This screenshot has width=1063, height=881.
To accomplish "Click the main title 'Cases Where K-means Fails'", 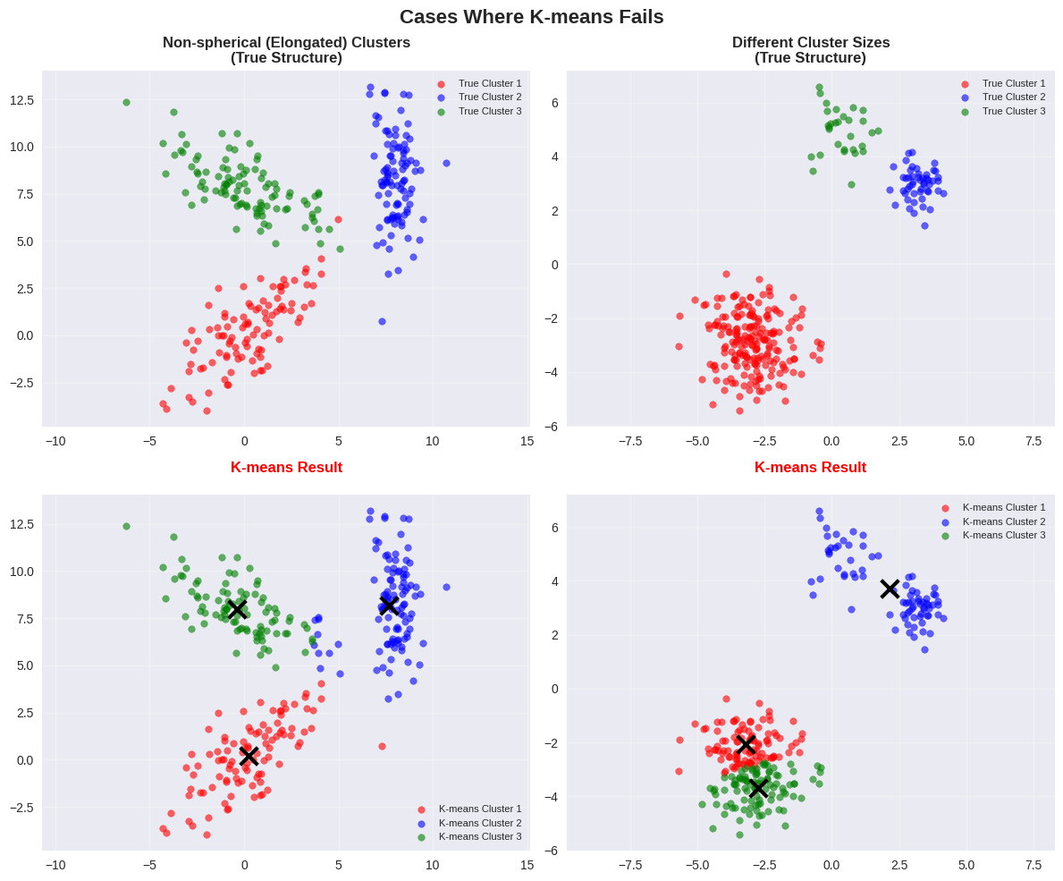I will click(531, 17).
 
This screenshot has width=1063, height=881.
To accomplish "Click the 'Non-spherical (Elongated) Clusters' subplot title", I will click(286, 43).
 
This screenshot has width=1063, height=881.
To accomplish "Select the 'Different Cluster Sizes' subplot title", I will click(810, 43).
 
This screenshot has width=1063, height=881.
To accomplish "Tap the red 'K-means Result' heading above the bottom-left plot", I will click(286, 468).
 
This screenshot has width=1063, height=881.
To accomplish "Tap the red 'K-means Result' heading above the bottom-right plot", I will click(810, 468).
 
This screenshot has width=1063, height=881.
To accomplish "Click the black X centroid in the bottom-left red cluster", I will click(249, 756).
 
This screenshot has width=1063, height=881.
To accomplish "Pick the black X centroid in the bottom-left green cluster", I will click(237, 609).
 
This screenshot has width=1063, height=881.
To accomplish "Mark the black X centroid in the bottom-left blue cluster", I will click(389, 606).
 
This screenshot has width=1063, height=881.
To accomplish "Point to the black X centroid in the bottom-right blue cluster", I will click(890, 589).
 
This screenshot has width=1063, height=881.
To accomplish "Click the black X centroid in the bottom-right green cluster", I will click(758, 788).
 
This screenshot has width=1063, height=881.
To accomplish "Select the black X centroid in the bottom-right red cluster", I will click(747, 744).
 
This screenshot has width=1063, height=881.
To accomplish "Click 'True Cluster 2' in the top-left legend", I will click(489, 97).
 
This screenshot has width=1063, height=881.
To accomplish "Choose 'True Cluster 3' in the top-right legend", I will click(1013, 111).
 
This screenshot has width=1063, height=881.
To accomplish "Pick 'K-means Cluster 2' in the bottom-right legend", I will click(1003, 521).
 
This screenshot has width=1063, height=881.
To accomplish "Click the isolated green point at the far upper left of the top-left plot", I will click(126, 103).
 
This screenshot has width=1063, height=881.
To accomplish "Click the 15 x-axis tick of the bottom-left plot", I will click(527, 866).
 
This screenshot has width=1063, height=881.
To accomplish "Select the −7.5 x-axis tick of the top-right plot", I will click(630, 441).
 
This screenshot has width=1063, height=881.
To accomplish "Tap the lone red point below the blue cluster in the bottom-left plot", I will click(382, 746).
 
